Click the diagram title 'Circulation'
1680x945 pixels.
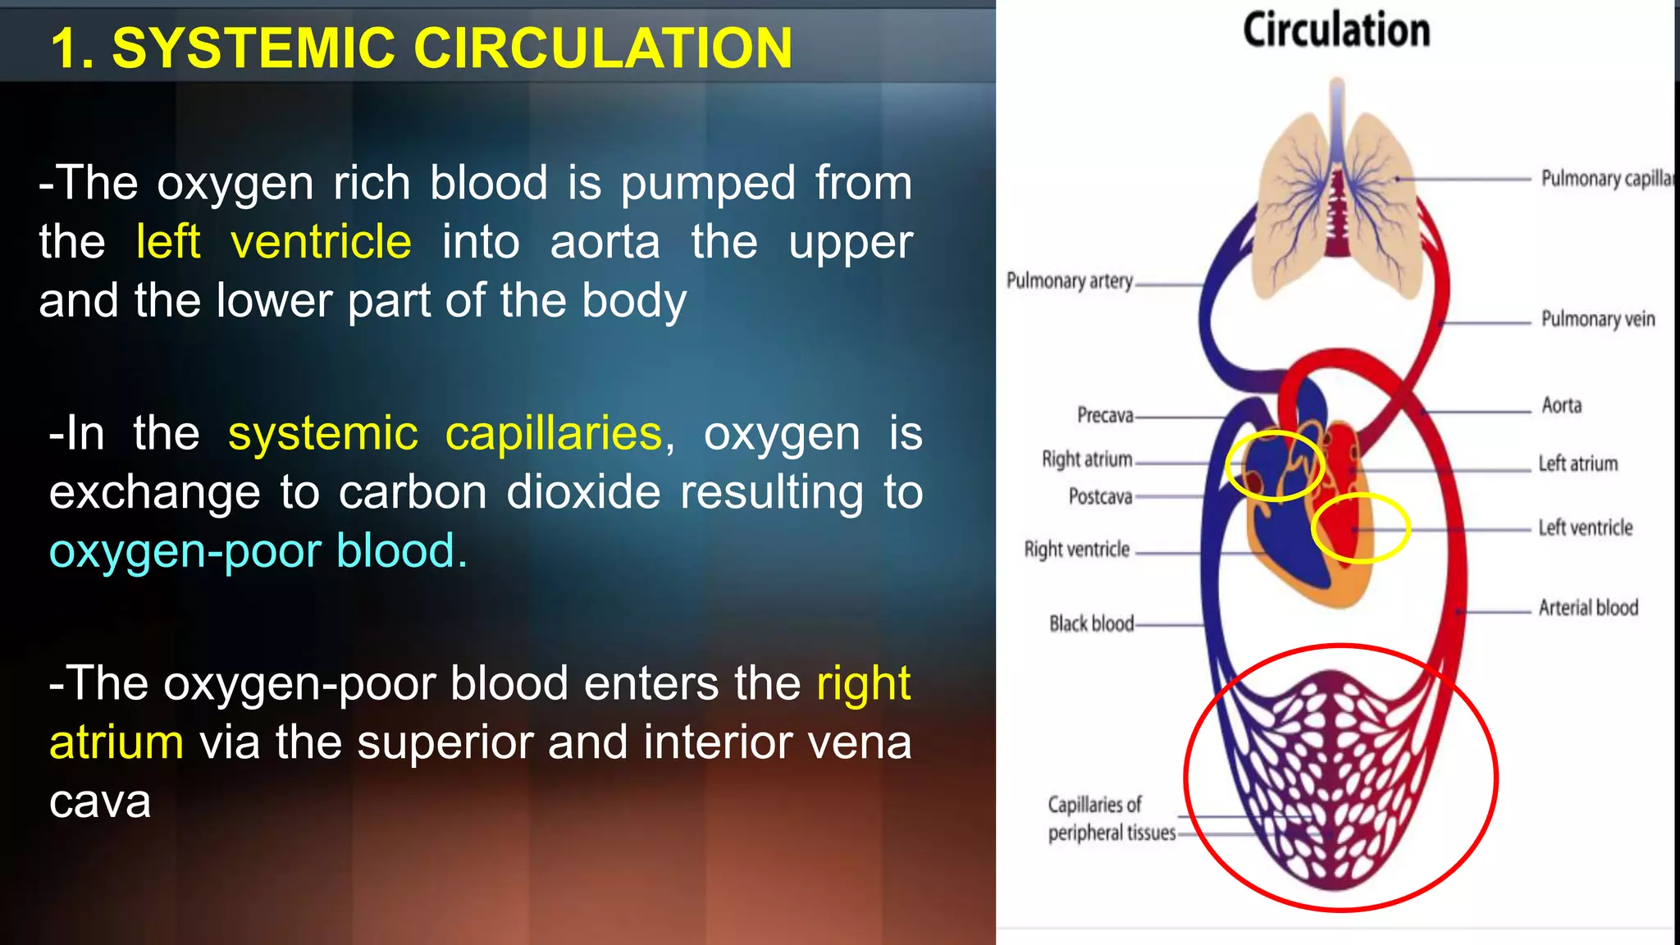1336,30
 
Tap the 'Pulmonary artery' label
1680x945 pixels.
1069,281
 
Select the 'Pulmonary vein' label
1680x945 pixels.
1597,319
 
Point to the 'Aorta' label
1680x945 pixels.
1561,405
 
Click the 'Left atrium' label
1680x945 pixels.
1577,464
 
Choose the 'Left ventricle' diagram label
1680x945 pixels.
1585,527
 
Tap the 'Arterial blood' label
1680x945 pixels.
1588,608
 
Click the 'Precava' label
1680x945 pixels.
1105,415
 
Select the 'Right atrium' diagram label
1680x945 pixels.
1087,459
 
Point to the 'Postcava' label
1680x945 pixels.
1100,496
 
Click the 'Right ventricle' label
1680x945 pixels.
1076,550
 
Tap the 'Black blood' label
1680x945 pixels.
1091,624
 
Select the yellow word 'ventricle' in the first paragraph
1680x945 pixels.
321,242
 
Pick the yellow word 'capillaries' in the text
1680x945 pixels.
553,433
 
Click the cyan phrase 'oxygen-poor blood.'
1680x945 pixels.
258,550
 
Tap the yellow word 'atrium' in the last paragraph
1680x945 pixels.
116,742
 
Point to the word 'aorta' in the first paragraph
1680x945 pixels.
605,242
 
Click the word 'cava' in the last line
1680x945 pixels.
100,801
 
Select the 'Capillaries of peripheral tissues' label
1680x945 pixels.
1111,819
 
